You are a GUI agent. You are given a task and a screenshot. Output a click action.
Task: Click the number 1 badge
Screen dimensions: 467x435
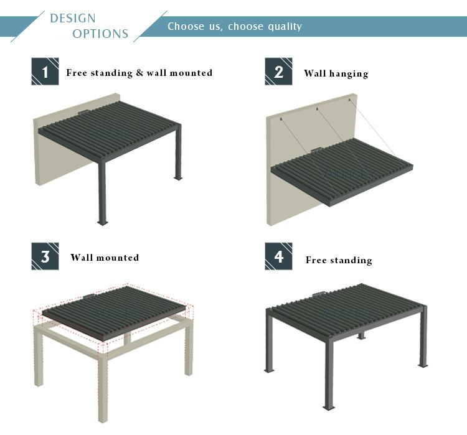[45, 72]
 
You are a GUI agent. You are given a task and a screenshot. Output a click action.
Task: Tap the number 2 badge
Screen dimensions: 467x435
[278, 72]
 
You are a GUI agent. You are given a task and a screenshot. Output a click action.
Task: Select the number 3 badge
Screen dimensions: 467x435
[45, 256]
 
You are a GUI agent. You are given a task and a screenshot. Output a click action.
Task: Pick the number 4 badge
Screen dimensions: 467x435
[278, 256]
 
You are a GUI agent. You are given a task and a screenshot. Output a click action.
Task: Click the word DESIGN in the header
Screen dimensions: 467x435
[73, 18]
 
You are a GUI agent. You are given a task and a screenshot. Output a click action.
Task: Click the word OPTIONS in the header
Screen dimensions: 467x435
[100, 34]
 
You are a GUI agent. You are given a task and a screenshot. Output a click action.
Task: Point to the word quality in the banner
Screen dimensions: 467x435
[285, 27]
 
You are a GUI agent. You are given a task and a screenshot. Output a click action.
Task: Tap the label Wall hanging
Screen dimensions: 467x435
[336, 73]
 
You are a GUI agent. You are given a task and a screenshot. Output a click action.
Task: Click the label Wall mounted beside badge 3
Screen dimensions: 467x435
[105, 257]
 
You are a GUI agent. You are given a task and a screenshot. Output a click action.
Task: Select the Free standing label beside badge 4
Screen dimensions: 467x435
[339, 260]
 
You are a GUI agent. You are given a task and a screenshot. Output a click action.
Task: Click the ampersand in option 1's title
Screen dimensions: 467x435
[139, 73]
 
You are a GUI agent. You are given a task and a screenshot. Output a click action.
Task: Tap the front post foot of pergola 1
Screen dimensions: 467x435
[103, 223]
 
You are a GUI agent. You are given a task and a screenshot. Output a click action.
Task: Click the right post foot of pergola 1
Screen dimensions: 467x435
[178, 178]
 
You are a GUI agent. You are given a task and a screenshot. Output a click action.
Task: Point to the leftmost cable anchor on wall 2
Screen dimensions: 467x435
[281, 119]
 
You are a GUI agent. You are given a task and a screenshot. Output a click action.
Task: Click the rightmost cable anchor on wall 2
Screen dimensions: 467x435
[350, 100]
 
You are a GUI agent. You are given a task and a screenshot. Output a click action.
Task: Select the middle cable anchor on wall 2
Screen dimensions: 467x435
[317, 109]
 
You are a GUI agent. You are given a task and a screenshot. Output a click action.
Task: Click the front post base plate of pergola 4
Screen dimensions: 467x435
[329, 408]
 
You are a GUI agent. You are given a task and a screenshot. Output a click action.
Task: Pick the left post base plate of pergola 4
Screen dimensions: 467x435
[269, 370]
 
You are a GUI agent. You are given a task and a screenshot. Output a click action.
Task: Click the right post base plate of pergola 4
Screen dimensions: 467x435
[423, 365]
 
